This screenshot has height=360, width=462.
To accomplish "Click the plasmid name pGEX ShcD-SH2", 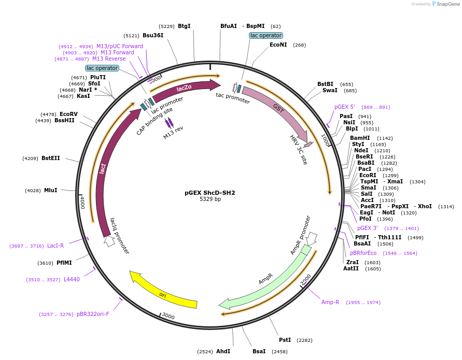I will click(210, 193).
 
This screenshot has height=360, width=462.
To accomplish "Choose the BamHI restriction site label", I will click(360, 138).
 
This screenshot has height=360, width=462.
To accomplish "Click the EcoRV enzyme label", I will click(68, 114).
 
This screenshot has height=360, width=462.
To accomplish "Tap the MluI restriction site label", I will click(50, 191).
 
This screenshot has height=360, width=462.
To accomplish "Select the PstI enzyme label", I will click(285, 340).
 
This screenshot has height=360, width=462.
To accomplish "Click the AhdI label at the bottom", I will click(223, 351).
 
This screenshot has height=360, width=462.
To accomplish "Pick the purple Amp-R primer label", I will click(330, 302).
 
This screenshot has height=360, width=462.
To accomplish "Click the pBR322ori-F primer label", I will click(93, 314).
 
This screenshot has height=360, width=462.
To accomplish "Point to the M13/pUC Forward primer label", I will click(119, 46).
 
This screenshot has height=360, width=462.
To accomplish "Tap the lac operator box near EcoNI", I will click(265, 35).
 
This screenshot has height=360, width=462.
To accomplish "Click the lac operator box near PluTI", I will click(102, 68).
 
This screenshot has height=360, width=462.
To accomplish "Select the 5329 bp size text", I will click(210, 199).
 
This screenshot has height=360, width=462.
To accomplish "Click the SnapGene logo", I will click(446, 4).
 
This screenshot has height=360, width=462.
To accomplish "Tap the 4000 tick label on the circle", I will click(82, 203).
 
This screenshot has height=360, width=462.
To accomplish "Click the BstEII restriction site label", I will click(50, 158).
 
